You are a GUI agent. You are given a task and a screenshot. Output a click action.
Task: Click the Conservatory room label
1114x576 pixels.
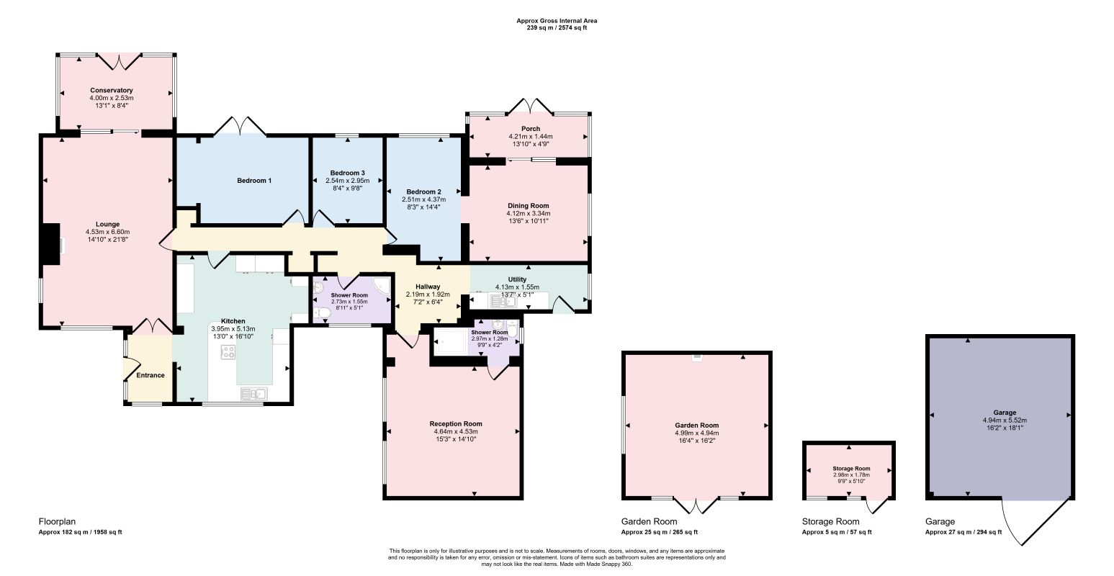pyautogui.click(x=112, y=91)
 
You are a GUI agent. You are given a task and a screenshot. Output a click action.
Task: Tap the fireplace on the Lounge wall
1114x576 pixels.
pyautogui.click(x=51, y=246)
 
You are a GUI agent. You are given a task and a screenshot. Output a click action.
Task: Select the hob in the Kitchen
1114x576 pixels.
pyautogui.click(x=228, y=353)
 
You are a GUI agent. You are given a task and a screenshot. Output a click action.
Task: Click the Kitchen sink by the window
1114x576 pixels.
pyautogui.click(x=254, y=394)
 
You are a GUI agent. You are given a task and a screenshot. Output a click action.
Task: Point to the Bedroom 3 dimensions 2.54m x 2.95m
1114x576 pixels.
pyautogui.click(x=348, y=181)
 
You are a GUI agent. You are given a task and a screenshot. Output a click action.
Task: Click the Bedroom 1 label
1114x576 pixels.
pyautogui.click(x=254, y=181)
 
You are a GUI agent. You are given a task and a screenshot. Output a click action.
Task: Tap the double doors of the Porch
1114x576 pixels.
pyautogui.click(x=531, y=106)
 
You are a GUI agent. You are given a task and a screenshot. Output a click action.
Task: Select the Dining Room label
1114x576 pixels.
pyautogui.click(x=528, y=206)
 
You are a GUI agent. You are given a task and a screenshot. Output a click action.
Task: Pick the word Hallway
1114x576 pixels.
pyautogui.click(x=428, y=287)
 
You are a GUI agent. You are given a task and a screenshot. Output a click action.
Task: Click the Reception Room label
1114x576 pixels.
pyautogui.click(x=456, y=424)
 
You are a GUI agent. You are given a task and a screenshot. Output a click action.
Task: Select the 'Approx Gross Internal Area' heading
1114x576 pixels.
pyautogui.click(x=557, y=21)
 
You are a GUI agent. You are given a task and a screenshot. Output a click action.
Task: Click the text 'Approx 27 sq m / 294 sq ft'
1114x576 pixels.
pyautogui.click(x=963, y=532)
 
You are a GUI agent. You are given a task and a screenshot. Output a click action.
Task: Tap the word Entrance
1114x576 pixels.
pyautogui.click(x=151, y=376)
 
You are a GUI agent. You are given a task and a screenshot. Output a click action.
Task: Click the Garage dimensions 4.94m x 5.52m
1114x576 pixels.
pyautogui.click(x=1005, y=420)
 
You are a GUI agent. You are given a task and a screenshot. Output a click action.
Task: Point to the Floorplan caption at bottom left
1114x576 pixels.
pyautogui.click(x=57, y=522)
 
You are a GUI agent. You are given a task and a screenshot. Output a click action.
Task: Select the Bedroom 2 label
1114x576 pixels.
pyautogui.click(x=423, y=192)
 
